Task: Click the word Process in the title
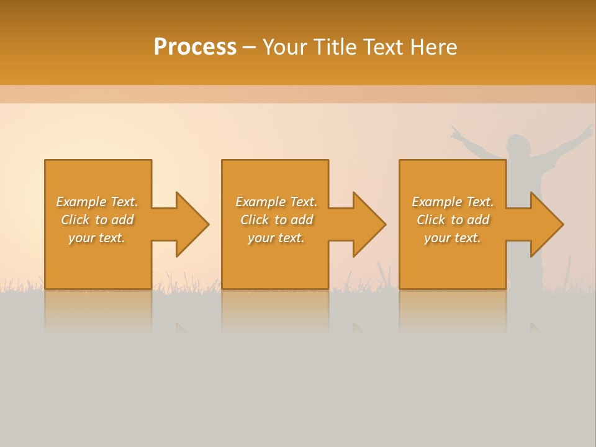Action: [195, 47]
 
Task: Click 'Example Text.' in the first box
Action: [97, 202]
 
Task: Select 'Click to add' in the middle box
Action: [276, 220]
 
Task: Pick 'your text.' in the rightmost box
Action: [453, 238]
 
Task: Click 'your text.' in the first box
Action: [97, 238]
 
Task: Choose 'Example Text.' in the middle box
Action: [276, 202]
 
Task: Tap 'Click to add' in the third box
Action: [453, 220]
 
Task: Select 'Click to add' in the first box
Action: [97, 220]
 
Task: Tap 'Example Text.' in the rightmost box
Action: [453, 202]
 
